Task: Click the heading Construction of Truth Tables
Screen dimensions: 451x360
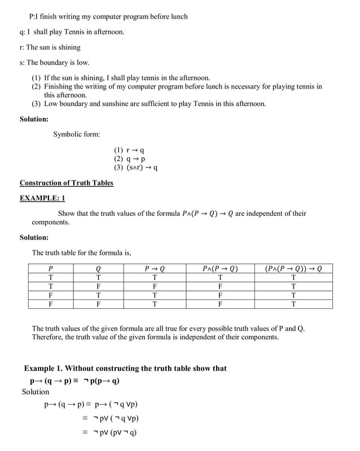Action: point(67,183)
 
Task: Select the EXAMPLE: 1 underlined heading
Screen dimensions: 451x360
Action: point(42,198)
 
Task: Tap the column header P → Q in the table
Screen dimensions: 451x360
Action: point(155,268)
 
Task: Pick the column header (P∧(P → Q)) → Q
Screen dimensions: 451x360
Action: point(293,268)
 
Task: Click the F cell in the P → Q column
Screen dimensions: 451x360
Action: point(155,286)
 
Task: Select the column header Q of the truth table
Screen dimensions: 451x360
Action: point(98,268)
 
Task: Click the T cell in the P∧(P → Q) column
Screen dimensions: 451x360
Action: point(219,277)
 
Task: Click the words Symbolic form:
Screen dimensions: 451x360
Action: point(77,134)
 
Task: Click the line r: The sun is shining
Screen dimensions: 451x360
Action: point(50,47)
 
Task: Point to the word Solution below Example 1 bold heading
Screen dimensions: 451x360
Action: point(36,392)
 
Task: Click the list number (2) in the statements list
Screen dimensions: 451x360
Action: point(36,87)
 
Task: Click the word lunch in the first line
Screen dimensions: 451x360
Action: point(178,16)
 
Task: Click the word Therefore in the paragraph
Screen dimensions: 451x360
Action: point(47,337)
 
